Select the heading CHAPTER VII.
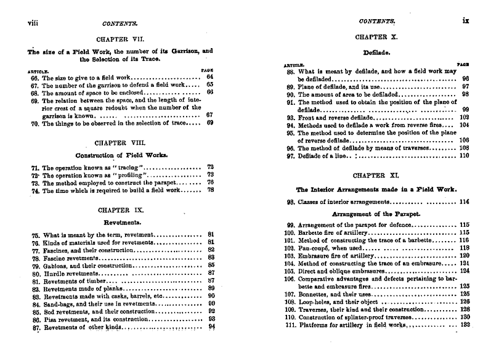(x=120, y=39)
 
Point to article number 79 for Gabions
(x=34, y=265)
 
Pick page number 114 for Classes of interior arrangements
(x=464, y=202)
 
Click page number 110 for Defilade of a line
(x=465, y=156)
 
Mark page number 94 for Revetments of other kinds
(x=211, y=327)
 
